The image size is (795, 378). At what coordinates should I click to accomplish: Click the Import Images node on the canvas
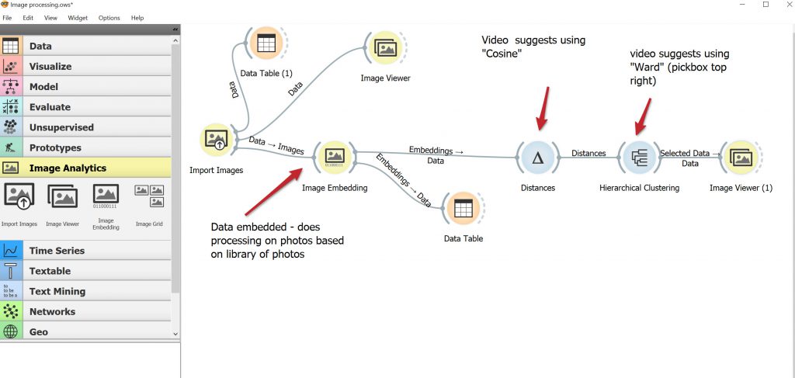pos(215,140)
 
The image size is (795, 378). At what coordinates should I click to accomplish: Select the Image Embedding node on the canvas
pos(335,157)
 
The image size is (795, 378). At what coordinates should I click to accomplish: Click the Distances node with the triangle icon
pos(536,158)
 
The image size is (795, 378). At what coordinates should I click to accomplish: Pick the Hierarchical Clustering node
pos(639,158)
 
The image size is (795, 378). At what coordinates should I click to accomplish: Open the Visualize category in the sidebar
pos(50,67)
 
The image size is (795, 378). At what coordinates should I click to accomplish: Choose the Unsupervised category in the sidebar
pos(61,127)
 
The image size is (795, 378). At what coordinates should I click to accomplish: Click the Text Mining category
pos(57,291)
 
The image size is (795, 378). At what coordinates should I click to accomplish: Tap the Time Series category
pos(57,251)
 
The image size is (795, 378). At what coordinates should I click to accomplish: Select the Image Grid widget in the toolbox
pos(149,196)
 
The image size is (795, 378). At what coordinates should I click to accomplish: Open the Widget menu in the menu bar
pos(78,17)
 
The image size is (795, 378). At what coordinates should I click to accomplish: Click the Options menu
pos(109,17)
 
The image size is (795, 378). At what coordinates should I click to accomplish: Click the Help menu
pos(137,17)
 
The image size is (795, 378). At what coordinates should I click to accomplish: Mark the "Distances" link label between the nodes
pos(588,154)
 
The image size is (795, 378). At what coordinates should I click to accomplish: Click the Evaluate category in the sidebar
pos(50,107)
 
